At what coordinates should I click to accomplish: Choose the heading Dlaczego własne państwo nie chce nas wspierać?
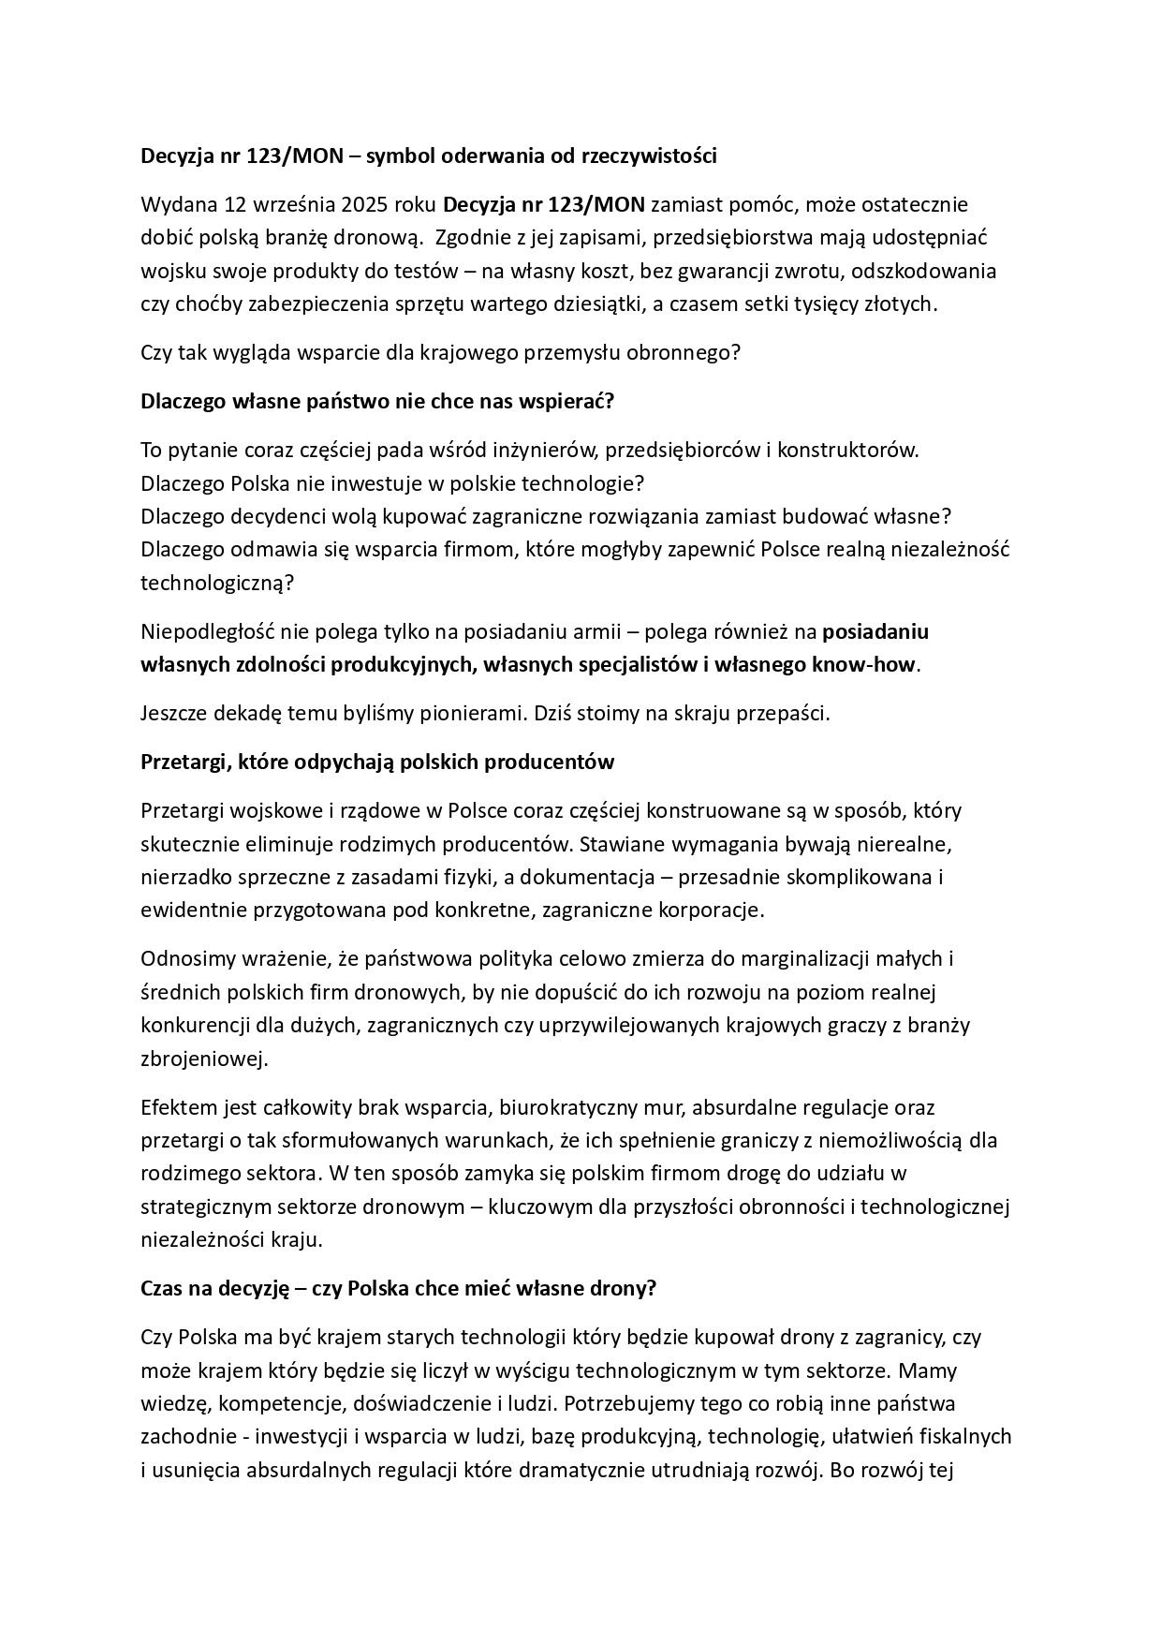pos(376,401)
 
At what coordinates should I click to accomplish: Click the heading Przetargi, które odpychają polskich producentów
pos(376,762)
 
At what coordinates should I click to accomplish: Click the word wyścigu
pos(537,1371)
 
